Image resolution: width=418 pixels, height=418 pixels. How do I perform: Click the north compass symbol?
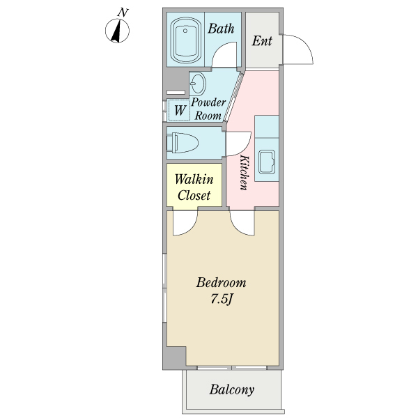(117, 31)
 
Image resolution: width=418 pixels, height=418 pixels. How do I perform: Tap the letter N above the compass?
(123, 13)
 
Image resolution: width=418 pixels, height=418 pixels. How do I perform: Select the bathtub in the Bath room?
(185, 40)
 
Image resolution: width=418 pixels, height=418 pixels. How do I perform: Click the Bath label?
(221, 29)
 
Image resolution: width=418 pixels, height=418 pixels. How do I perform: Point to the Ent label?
(262, 41)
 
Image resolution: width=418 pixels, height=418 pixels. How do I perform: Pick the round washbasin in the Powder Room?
(198, 84)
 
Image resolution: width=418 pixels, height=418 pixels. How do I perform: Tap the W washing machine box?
(180, 110)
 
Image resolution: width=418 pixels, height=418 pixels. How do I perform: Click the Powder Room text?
(208, 109)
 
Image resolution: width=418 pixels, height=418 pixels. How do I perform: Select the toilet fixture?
(183, 143)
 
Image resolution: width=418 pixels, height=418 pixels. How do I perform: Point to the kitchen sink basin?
(267, 162)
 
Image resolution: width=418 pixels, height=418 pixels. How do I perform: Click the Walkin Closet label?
(194, 187)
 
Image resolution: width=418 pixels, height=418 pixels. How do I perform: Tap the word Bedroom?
(222, 283)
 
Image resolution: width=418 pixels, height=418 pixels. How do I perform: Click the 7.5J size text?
(222, 300)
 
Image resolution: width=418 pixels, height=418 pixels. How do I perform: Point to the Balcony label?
(232, 389)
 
